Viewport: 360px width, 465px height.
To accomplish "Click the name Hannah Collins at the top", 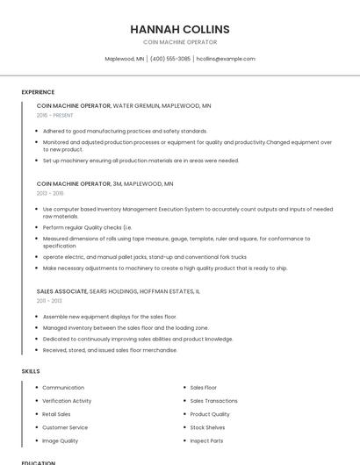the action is click(x=180, y=29).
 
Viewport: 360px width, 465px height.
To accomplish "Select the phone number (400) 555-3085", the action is click(x=169, y=59).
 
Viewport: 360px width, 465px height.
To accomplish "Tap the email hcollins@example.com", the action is click(x=226, y=59).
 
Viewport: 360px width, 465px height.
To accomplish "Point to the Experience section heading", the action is click(x=38, y=92).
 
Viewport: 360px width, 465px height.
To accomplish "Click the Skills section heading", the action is click(x=31, y=371).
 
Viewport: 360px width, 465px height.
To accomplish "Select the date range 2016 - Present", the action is click(x=54, y=115).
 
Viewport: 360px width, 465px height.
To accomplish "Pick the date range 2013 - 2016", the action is click(x=50, y=193).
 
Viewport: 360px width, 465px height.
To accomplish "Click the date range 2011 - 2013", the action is click(x=49, y=300).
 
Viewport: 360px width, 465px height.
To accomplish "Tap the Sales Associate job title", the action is click(x=61, y=290).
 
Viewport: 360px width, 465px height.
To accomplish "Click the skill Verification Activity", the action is click(x=67, y=401).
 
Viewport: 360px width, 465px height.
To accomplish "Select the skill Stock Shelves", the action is click(x=207, y=427).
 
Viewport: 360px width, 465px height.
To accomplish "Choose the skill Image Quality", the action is click(x=60, y=440).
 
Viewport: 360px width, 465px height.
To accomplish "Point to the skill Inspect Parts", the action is click(x=206, y=440).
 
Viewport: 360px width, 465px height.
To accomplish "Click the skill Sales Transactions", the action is click(x=213, y=401).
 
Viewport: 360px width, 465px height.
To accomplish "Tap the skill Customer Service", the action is click(x=64, y=427).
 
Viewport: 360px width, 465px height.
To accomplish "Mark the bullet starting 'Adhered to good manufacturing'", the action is click(x=125, y=131).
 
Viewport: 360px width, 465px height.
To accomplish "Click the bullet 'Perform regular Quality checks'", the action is click(x=87, y=227).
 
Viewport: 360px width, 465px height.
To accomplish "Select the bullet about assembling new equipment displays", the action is click(x=110, y=316).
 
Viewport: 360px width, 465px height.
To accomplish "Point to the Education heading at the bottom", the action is click(x=39, y=461).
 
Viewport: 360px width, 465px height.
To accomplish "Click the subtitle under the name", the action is click(x=180, y=42).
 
